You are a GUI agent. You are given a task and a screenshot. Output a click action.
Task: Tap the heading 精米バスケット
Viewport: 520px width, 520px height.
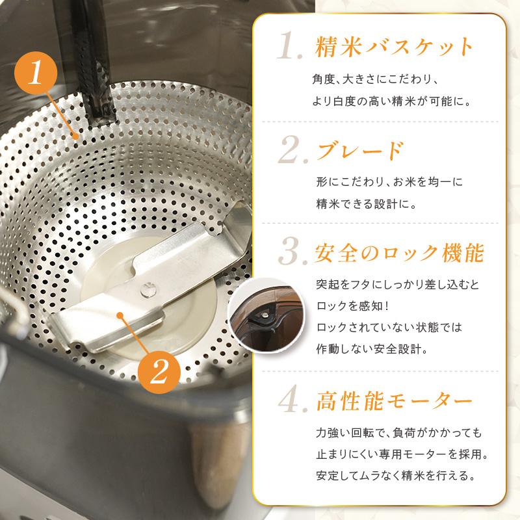tap(394, 48)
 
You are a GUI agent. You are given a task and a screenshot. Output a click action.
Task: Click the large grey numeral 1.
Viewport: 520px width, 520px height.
tap(288, 49)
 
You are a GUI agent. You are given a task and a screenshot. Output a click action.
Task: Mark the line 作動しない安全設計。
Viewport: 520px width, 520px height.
tap(370, 348)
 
